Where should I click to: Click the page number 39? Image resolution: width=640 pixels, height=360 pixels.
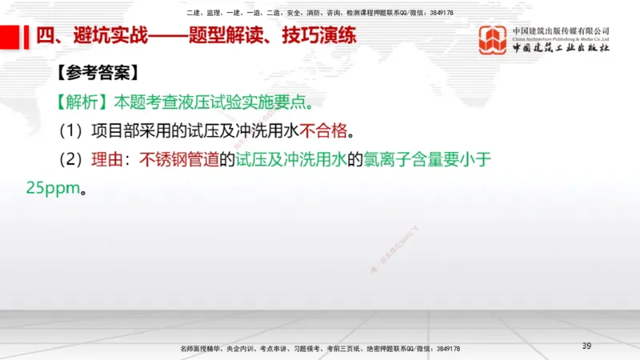coord(586,346)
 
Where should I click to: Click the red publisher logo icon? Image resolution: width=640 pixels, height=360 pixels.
coord(492,40)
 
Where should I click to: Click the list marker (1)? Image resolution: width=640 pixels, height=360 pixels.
coord(73,130)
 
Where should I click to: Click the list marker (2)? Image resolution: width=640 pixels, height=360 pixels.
coord(73,159)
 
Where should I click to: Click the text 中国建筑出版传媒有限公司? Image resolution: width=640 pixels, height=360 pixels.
coord(561,30)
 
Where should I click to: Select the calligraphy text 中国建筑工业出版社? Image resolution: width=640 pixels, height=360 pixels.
coord(561,49)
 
